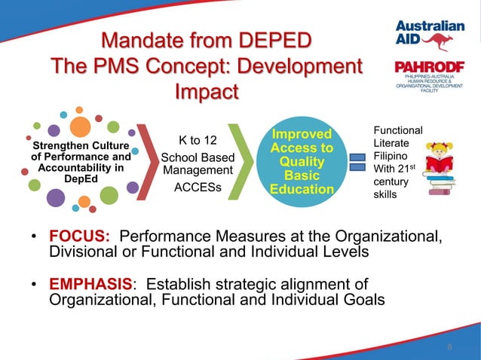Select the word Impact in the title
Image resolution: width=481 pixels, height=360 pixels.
[x=206, y=92]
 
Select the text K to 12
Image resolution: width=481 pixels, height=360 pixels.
[x=198, y=140]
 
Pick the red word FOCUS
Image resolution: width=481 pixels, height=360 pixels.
[x=80, y=237]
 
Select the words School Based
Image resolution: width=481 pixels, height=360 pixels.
[x=198, y=157]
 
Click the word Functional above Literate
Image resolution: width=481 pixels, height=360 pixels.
[x=398, y=130]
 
